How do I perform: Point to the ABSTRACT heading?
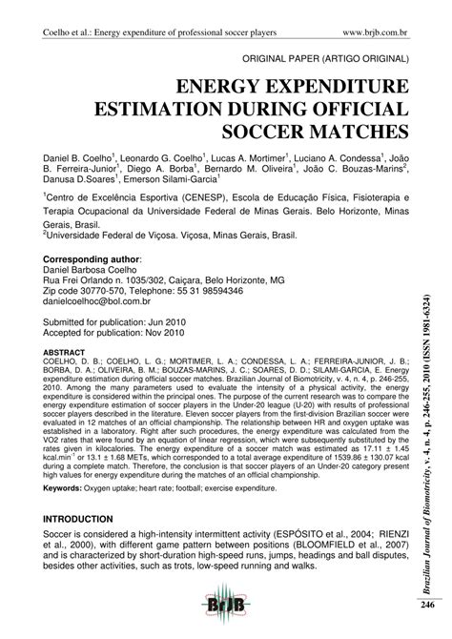[x=60, y=350]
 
